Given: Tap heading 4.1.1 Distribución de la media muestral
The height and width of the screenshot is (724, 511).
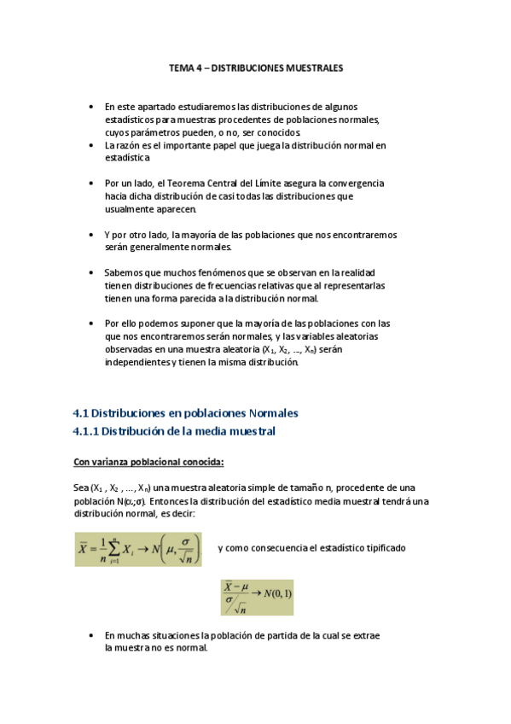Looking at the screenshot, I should [x=174, y=432].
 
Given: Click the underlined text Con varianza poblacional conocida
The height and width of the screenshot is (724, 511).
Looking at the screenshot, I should [x=148, y=463].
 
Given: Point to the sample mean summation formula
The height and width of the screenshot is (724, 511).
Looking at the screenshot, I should [x=138, y=547].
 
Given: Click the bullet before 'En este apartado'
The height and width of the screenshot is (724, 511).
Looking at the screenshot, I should [x=93, y=107].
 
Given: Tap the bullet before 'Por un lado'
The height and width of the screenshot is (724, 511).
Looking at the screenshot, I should [x=93, y=184].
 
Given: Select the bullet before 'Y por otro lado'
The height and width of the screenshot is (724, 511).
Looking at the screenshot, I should [x=93, y=235].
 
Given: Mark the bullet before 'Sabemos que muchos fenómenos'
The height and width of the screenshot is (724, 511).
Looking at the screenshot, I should [x=93, y=273].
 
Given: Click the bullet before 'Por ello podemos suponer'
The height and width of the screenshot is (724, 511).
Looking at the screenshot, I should [x=93, y=324].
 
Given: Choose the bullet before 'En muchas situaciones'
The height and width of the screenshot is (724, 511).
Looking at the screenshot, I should [x=93, y=636].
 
